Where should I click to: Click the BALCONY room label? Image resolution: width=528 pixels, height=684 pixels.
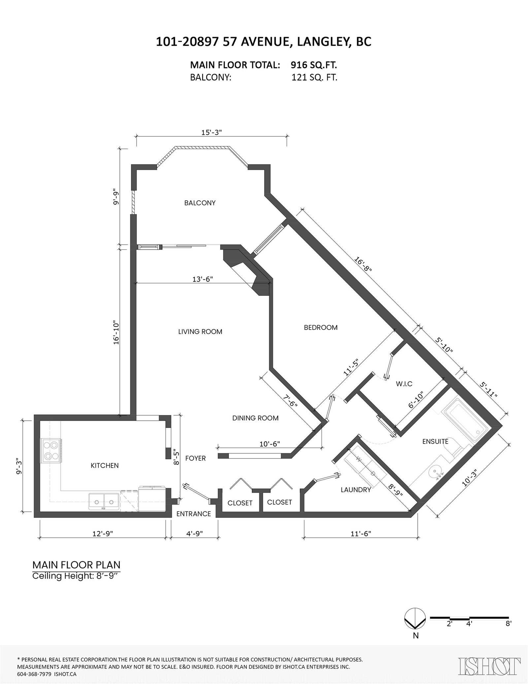(200, 203)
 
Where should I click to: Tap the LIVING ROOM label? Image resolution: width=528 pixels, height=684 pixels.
(200, 332)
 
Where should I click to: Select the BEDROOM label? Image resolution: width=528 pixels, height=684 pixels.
(321, 327)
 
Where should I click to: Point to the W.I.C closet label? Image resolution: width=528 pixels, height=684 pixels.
(404, 384)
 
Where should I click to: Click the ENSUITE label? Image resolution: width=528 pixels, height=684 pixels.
(435, 442)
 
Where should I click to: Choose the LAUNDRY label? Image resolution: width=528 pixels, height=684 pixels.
(356, 490)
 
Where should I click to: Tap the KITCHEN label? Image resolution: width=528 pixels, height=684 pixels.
(105, 465)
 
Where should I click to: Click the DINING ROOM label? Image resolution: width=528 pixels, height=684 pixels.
(255, 418)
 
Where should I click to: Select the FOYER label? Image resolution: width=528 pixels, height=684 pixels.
(195, 458)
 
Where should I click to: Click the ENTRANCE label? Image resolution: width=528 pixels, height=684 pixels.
(193, 514)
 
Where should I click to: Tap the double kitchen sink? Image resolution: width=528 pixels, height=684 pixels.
(104, 502)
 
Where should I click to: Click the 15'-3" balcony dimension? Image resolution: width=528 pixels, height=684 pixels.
(212, 132)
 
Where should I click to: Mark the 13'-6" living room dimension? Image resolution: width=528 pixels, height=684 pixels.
(203, 279)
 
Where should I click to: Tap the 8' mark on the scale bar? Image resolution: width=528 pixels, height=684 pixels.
(508, 624)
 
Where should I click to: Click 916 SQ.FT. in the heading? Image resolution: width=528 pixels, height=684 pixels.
(313, 65)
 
